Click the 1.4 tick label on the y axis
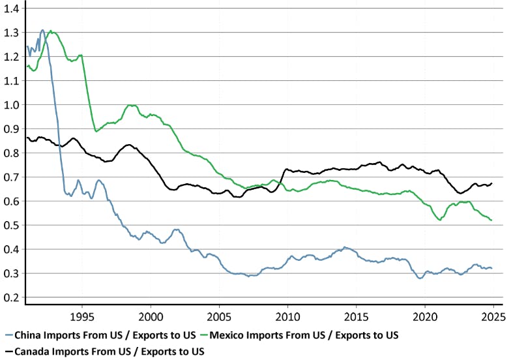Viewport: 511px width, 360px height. [12, 8]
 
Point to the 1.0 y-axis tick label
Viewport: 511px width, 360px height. [12, 104]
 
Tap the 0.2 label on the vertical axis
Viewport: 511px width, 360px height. [12, 297]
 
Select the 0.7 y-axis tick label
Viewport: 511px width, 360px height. [12, 177]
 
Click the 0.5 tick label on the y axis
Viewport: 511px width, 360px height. [12, 225]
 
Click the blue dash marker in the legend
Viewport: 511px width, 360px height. [8, 335]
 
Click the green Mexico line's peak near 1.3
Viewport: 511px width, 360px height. [51, 31]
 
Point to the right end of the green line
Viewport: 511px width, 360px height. [491, 220]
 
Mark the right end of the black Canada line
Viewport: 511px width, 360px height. [491, 183]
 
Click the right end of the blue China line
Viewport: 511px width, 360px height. [491, 268]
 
